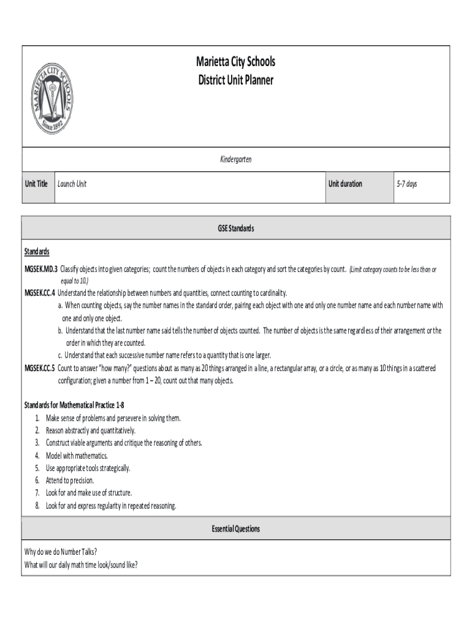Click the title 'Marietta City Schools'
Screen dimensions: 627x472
point(235,62)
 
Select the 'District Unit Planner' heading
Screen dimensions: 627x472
point(235,80)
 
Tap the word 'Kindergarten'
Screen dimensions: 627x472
point(235,159)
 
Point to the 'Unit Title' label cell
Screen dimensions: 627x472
point(36,184)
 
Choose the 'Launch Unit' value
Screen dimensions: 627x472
point(72,184)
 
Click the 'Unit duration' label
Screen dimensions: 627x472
point(345,184)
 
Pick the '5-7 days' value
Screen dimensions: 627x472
point(406,184)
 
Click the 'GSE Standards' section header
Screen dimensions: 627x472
point(235,228)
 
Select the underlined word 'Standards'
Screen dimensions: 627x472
point(37,252)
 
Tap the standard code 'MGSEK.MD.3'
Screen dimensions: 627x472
point(40,269)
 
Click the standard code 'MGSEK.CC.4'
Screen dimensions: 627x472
point(40,292)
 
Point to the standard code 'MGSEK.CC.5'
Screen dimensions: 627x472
point(40,368)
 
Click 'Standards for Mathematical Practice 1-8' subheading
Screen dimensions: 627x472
point(74,405)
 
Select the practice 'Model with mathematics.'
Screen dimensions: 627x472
point(77,456)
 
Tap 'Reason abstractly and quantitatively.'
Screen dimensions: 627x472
point(91,430)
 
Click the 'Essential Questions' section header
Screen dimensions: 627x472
point(235,528)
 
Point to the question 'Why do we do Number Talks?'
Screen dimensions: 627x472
point(61,552)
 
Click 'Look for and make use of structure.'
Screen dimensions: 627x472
point(89,493)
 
